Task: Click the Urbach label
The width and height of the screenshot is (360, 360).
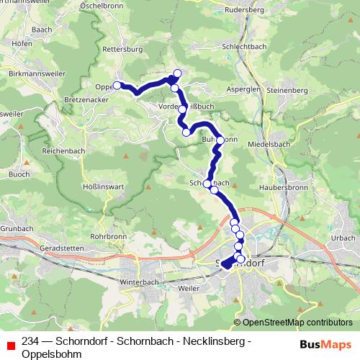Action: click(x=343, y=238)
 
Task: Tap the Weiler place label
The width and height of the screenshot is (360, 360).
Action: click(x=189, y=288)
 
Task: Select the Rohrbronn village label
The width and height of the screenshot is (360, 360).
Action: click(x=109, y=235)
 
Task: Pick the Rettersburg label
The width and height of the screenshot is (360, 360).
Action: click(x=120, y=50)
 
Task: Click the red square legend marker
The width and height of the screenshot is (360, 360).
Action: click(x=10, y=346)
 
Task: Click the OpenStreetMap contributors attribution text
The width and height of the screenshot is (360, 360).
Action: click(x=293, y=323)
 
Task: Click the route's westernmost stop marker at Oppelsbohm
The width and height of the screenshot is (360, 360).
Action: click(x=117, y=86)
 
